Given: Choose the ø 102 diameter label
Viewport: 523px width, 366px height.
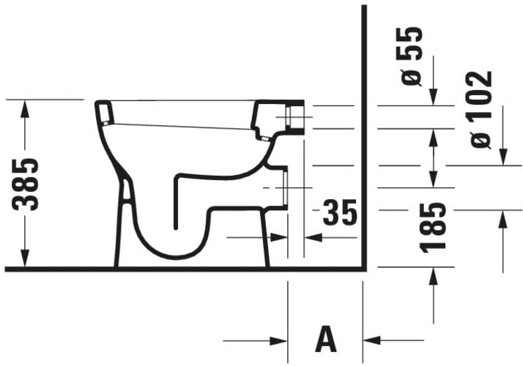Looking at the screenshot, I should click(481, 110).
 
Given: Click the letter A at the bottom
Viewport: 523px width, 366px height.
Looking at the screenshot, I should click(325, 339).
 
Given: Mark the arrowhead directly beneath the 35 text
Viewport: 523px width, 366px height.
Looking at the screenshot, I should click(312, 237).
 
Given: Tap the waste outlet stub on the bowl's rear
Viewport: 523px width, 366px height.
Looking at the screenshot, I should click(282, 187).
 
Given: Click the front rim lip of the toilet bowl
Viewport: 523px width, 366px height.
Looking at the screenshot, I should click(104, 113).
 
